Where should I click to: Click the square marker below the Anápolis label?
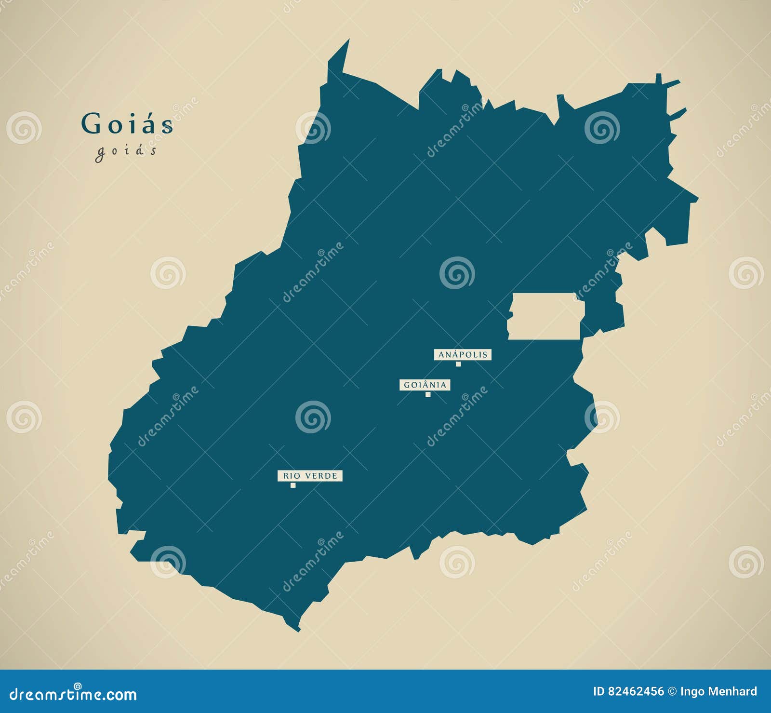pos(458,364)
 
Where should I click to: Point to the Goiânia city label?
pos(425,385)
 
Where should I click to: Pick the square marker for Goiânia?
pos(428,394)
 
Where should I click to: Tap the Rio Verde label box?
pos(310,476)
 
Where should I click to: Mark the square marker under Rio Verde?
pos(293,485)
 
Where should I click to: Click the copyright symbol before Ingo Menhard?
pos(672,692)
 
